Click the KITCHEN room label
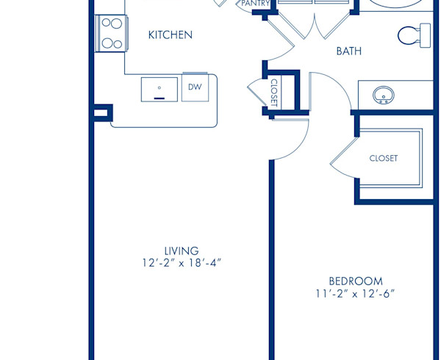[171, 35]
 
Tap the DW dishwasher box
[195, 87]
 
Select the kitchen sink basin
[159, 89]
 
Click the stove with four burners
[112, 33]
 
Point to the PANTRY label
[255, 4]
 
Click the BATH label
[349, 51]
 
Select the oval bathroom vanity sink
[383, 95]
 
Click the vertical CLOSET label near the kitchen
[274, 93]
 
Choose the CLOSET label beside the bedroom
[383, 158]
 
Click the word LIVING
[182, 251]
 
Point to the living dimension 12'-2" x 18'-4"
[182, 263]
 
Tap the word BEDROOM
[356, 281]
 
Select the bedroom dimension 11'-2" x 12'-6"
[356, 294]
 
